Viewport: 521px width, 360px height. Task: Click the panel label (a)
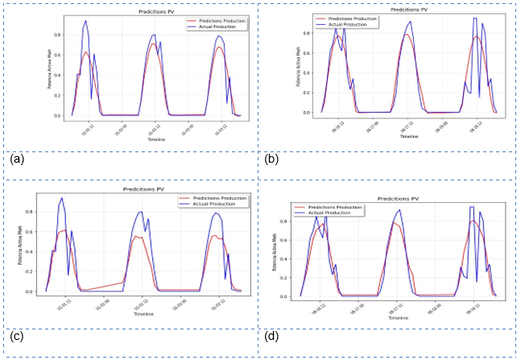(15, 159)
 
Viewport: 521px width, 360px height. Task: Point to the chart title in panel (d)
(399, 198)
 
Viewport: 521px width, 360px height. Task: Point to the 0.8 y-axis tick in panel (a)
(58, 35)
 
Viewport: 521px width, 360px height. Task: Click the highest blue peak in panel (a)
(86, 21)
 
